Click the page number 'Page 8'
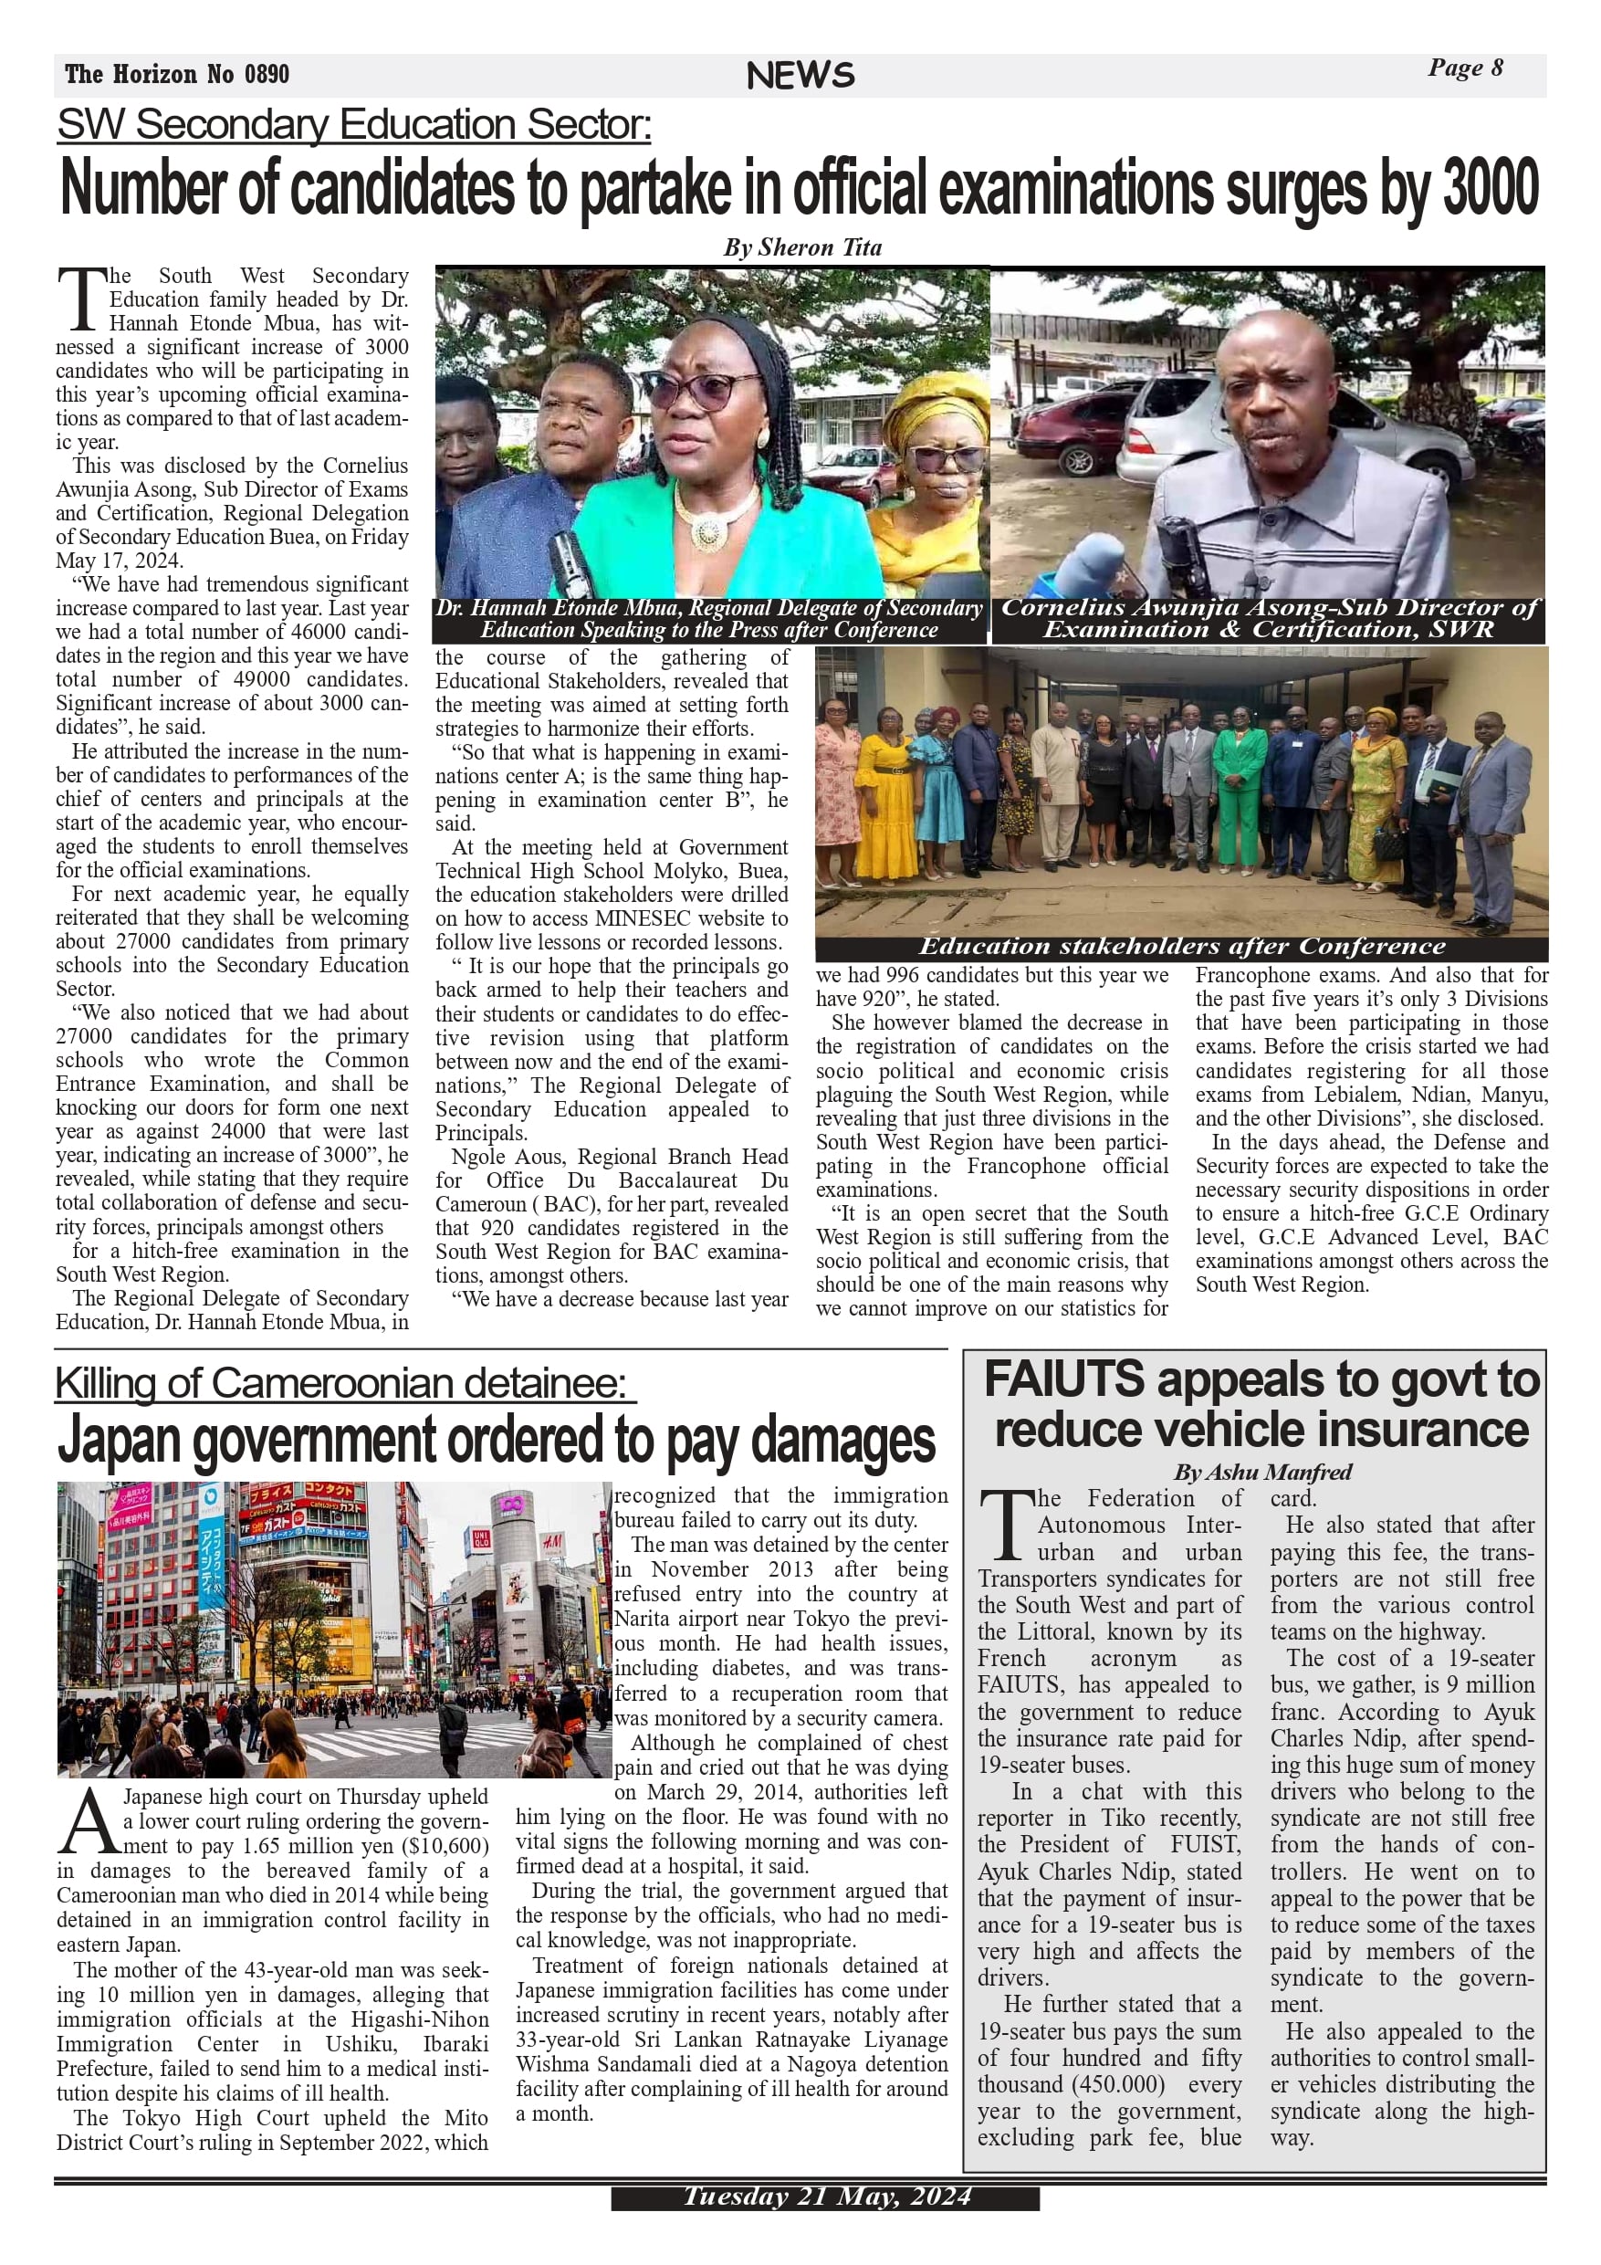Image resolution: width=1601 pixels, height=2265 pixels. tap(1465, 68)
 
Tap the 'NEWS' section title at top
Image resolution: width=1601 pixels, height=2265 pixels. tap(800, 76)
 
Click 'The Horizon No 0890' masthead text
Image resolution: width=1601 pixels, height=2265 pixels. tap(178, 74)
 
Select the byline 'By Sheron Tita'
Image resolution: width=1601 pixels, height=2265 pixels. tap(802, 247)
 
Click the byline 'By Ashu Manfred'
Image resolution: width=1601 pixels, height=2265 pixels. tap(1261, 1472)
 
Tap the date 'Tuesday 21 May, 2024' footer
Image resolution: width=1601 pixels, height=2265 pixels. tap(826, 2197)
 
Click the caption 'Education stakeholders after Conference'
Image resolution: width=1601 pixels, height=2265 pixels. tap(1181, 947)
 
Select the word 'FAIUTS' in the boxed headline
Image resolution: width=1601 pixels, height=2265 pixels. tap(1064, 1380)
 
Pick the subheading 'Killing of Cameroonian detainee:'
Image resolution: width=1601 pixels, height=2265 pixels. tap(340, 1384)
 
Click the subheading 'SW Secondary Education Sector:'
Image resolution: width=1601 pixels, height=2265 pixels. tap(353, 125)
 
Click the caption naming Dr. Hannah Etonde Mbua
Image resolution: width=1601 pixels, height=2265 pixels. tap(709, 620)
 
